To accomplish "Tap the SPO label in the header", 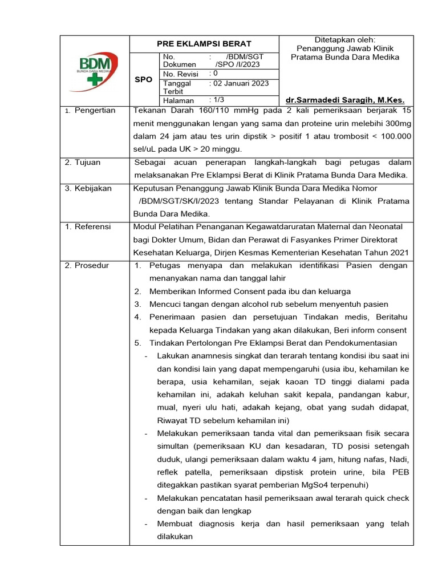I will pyautogui.click(x=143, y=79).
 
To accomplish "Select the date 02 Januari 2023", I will pyautogui.click(x=240, y=83).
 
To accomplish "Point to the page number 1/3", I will pyautogui.click(x=220, y=100).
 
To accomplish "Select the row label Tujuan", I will pyautogui.click(x=87, y=163).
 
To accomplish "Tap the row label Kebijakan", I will pyautogui.click(x=92, y=188).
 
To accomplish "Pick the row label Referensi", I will pyautogui.click(x=92, y=227).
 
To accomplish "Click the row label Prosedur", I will pyautogui.click(x=91, y=266).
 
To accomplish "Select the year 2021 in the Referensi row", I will pyautogui.click(x=399, y=253).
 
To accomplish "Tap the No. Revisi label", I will pyautogui.click(x=182, y=74).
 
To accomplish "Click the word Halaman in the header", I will pyautogui.click(x=179, y=100).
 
